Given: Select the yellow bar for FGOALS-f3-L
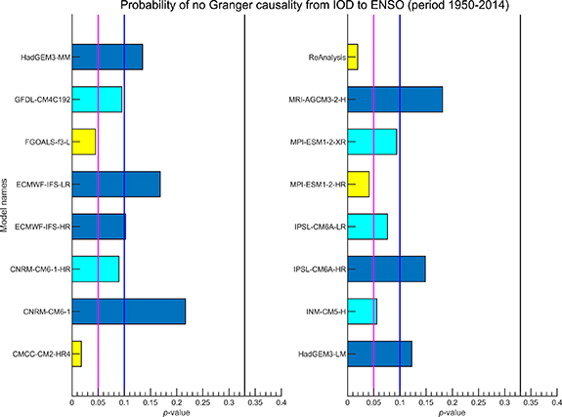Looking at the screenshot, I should click(x=83, y=142).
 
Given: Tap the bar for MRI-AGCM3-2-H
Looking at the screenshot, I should click(x=395, y=100).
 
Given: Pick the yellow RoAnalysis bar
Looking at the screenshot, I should click(x=353, y=58).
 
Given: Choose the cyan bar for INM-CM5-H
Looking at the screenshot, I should click(x=362, y=311).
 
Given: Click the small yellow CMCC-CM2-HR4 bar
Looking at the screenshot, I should click(x=77, y=353).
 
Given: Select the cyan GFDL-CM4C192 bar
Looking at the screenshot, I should click(x=97, y=100).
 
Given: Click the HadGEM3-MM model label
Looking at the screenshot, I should click(x=44, y=58).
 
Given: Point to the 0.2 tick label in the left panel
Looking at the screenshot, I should click(x=176, y=401).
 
